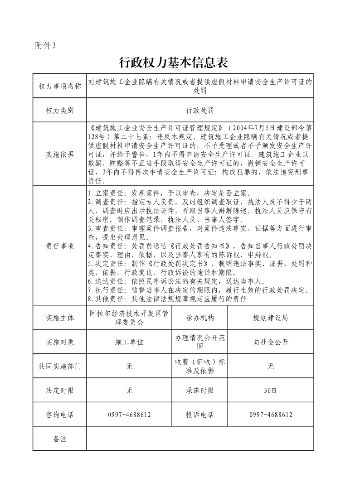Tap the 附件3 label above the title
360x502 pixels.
[x=45, y=45]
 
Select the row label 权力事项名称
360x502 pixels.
[x=59, y=86]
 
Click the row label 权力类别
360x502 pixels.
[x=59, y=110]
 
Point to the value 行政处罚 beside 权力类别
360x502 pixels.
[x=199, y=110]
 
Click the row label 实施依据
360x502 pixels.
[x=59, y=154]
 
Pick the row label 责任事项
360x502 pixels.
[x=59, y=246]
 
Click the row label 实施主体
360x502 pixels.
[x=59, y=318]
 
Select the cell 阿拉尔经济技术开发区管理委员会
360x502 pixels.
[x=129, y=318]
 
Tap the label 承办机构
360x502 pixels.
[x=199, y=318]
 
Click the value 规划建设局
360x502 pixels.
[x=270, y=318]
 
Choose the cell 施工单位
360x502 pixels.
[x=129, y=342]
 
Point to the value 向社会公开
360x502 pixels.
[x=270, y=342]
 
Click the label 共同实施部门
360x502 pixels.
[x=59, y=366]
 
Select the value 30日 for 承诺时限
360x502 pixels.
[x=270, y=390]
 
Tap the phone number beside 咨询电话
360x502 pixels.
[x=129, y=415]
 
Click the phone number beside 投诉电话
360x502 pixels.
[x=270, y=415]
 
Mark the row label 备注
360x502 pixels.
[x=59, y=439]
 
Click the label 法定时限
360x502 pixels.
[x=59, y=390]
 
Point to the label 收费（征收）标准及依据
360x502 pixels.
[x=199, y=366]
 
